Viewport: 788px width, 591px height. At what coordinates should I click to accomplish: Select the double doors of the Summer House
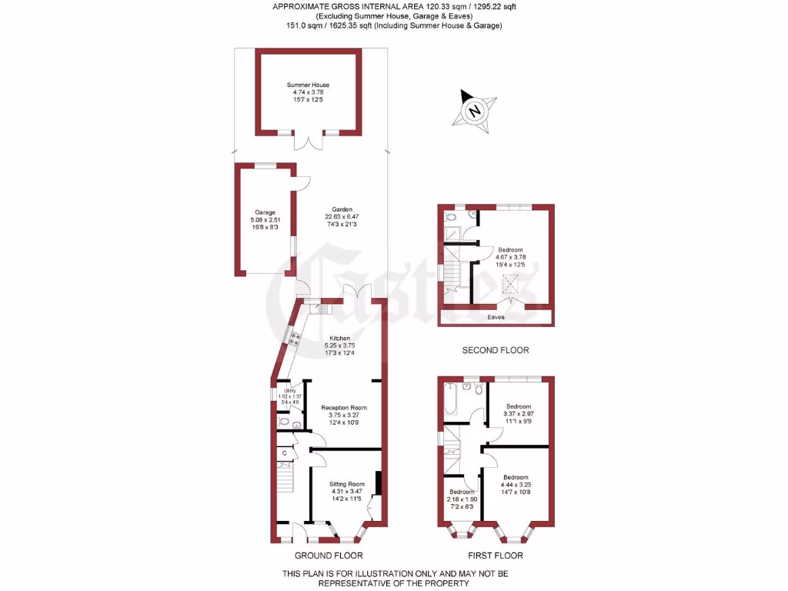[x=309, y=142]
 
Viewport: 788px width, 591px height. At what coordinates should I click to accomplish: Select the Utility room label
[x=289, y=396]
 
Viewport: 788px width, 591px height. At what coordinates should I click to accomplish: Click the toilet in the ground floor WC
[x=285, y=422]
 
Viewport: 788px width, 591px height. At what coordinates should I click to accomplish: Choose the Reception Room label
[x=344, y=414]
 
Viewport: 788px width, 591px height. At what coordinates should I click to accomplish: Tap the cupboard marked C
[x=284, y=454]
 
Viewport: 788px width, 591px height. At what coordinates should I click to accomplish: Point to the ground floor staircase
[x=285, y=483]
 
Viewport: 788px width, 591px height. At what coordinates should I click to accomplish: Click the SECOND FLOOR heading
[x=496, y=350]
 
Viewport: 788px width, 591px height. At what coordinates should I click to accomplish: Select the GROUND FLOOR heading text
[x=329, y=555]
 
